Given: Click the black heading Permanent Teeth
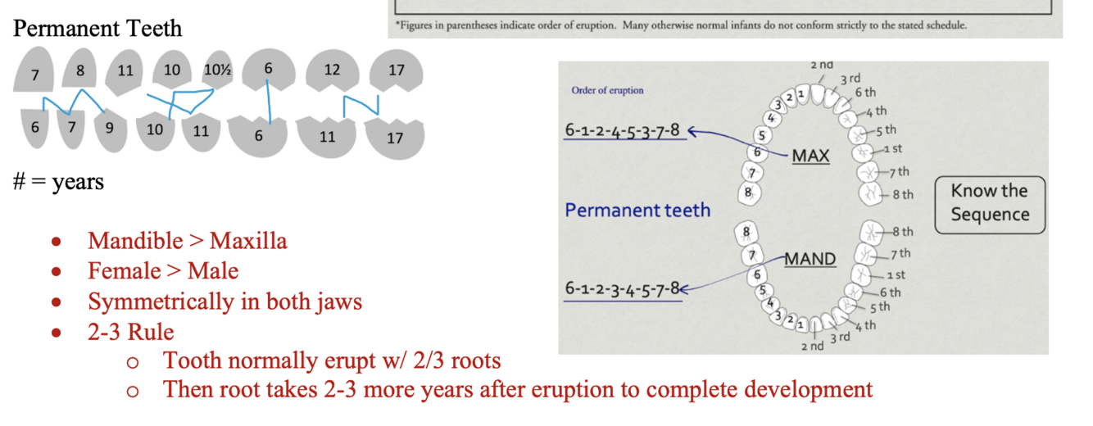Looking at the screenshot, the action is click(x=98, y=29).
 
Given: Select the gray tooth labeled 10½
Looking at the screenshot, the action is click(x=217, y=70).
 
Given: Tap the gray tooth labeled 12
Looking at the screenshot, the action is click(x=332, y=70).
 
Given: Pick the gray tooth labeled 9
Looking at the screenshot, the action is click(x=110, y=129).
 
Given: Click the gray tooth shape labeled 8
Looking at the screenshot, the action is click(x=80, y=71).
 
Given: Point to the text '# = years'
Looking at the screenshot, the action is click(x=58, y=181).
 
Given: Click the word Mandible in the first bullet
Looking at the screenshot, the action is click(x=135, y=241).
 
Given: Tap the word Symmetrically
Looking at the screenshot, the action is click(x=170, y=301).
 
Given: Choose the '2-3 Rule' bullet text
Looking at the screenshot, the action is click(x=130, y=332).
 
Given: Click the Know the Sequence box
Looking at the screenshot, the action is click(x=990, y=203).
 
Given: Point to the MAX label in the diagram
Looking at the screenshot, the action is click(x=810, y=156).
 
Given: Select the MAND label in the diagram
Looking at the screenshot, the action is click(x=810, y=260).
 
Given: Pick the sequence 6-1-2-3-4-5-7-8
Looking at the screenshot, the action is click(x=622, y=288).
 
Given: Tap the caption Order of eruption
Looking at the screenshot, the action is click(x=607, y=90).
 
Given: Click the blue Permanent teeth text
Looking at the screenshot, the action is click(x=637, y=210).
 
